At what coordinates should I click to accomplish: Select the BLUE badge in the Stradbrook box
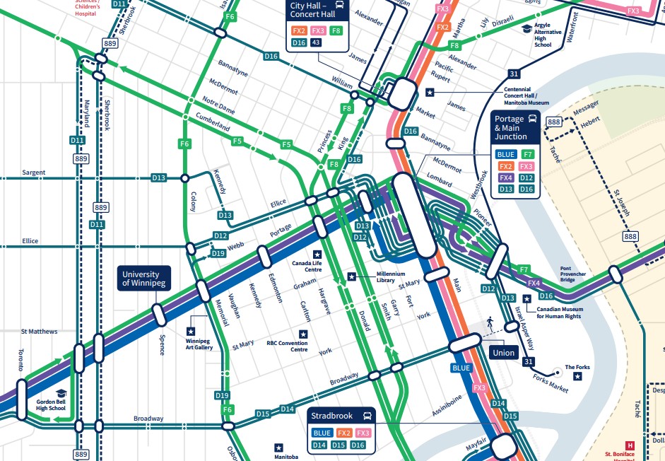click(x=322, y=433)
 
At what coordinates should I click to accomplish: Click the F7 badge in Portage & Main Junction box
click(x=526, y=154)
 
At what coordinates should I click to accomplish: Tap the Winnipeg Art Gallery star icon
click(x=191, y=330)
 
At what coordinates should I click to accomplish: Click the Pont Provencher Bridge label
click(x=575, y=274)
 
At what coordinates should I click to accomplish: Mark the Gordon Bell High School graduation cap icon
click(x=61, y=393)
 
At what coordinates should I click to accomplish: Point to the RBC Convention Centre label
click(x=287, y=346)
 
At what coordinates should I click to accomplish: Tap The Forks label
click(x=577, y=367)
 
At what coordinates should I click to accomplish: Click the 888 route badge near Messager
click(x=554, y=122)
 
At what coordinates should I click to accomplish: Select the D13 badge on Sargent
click(x=159, y=177)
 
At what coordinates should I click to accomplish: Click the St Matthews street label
click(x=39, y=331)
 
